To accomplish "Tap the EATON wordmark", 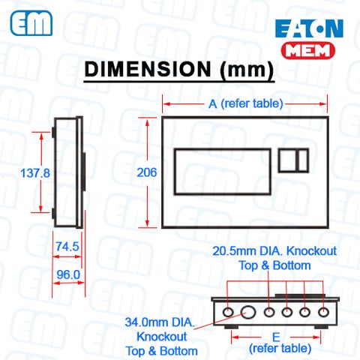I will point(309,29).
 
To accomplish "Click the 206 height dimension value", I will point(147,172).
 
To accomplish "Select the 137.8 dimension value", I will point(34,172).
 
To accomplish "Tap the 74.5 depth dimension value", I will point(67,246).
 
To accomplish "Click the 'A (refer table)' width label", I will point(245,105).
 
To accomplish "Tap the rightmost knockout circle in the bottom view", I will point(323,311).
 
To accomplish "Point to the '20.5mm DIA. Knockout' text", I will point(274,250).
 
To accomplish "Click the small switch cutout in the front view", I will point(293,161).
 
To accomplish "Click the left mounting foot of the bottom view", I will point(228,327).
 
